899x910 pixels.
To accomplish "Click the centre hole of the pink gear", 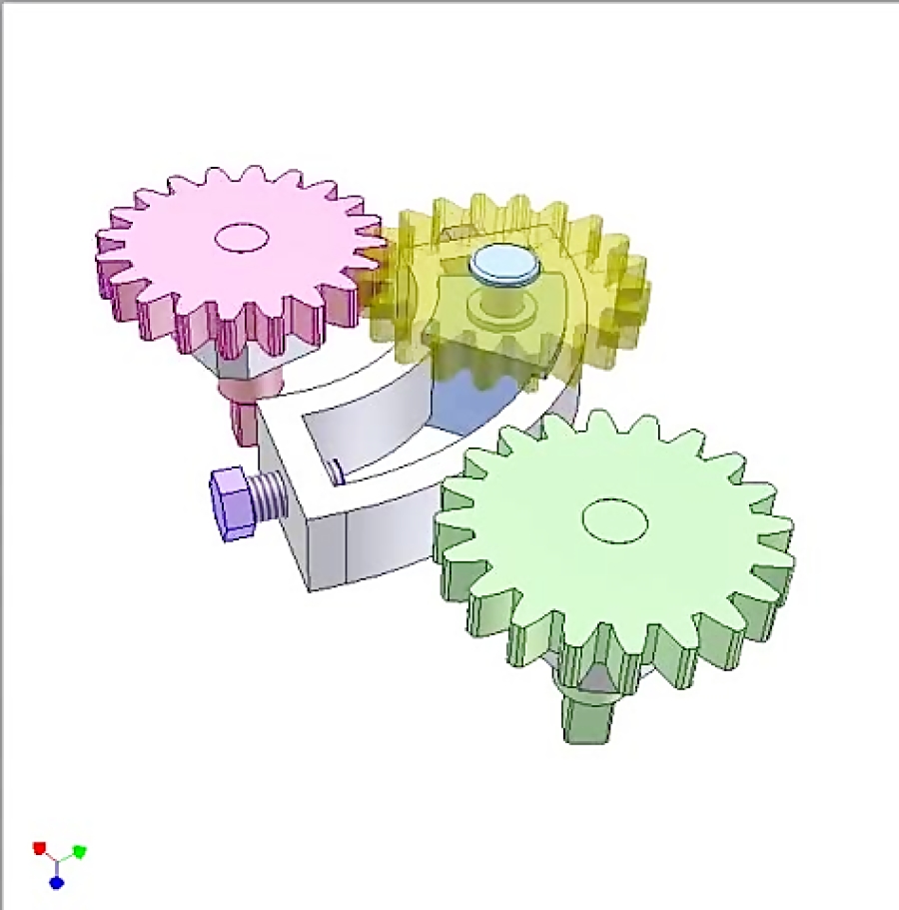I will (x=243, y=237).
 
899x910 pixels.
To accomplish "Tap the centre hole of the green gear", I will (x=614, y=520).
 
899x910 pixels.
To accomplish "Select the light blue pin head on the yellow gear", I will (x=504, y=264).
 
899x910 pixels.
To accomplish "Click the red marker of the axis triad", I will (x=40, y=848).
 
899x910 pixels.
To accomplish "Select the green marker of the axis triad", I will (x=80, y=851).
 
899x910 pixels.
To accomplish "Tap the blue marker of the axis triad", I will (x=57, y=883).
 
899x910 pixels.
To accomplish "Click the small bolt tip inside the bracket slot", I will (x=339, y=468).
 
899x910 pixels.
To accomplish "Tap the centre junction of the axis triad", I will (x=58, y=860).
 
